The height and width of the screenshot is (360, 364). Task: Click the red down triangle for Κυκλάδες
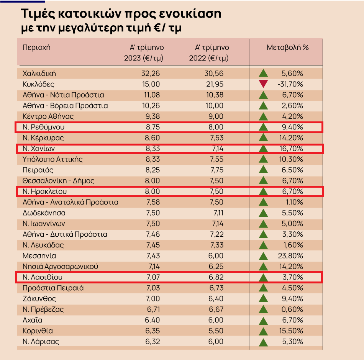263,84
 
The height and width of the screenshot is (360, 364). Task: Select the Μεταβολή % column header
288,48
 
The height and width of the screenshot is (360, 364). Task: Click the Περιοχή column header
36,48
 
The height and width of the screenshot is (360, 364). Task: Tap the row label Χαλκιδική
39,74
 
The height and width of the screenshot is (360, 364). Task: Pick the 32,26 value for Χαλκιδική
150,74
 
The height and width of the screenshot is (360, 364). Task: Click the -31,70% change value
290,84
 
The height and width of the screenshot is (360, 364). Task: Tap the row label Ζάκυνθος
38,299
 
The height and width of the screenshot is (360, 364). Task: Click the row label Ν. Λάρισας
41,342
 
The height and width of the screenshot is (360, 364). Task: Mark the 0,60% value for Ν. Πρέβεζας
292,309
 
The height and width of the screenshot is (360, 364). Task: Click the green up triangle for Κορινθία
263,331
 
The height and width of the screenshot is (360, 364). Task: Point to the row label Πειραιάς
38,170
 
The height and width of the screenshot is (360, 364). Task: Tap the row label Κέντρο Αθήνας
48,116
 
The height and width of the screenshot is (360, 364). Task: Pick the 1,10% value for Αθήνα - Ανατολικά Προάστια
293,202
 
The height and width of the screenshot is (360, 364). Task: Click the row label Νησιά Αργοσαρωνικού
61,267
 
